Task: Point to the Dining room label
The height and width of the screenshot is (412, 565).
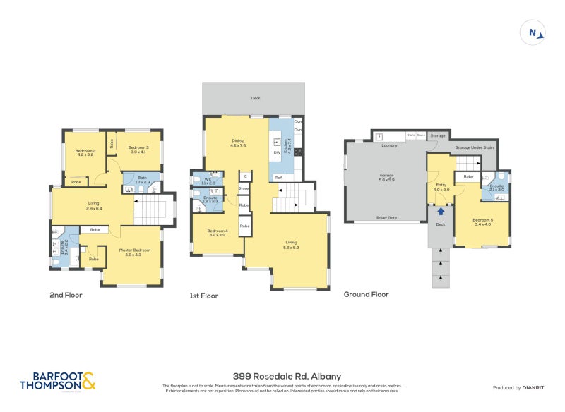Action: click(238, 142)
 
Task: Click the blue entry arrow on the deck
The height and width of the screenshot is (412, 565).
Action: click(441, 210)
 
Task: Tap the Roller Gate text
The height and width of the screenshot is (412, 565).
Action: click(386, 218)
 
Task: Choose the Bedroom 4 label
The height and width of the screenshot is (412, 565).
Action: click(217, 232)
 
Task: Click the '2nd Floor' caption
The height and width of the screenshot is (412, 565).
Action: click(67, 295)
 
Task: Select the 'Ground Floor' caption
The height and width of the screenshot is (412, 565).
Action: click(366, 295)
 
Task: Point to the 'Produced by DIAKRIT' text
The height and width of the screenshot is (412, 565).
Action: click(521, 388)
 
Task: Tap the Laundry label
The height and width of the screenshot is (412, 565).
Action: click(389, 145)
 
